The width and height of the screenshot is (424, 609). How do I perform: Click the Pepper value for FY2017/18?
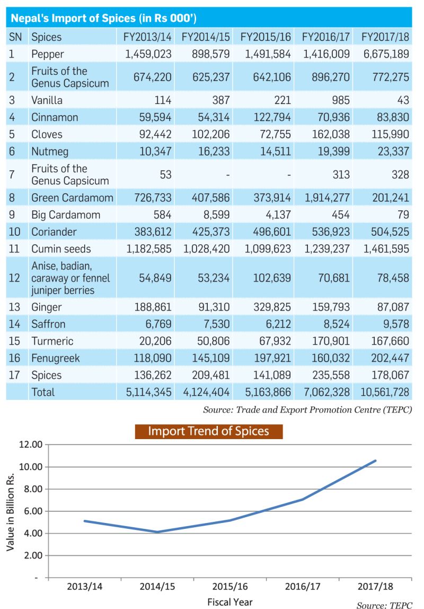point(386,54)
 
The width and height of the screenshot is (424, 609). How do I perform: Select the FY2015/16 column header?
point(266,37)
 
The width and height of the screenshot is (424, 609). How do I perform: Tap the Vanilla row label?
point(47,100)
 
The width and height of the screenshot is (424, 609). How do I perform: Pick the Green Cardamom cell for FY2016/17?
point(326,198)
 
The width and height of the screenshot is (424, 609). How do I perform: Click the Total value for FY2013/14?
point(148,392)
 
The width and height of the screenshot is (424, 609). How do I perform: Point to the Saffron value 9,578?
point(394,324)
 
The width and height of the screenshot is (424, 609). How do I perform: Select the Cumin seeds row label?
point(61,249)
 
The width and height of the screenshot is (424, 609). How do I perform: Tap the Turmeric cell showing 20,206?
point(155,341)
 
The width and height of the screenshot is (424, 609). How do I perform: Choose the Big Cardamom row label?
point(66,215)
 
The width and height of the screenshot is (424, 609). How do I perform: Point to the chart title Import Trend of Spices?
point(208,431)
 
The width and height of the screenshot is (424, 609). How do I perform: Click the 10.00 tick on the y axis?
point(31,467)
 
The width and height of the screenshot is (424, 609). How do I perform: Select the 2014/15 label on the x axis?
point(157,587)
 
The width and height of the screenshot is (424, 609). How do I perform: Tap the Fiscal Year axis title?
point(230,602)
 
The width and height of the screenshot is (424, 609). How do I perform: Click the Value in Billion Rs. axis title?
point(11,511)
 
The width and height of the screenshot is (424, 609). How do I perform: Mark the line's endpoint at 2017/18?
point(375,461)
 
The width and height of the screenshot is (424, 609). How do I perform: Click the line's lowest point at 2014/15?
point(157,532)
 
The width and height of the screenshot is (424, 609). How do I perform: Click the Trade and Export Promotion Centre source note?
point(307,410)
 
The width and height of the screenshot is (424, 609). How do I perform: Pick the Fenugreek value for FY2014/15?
point(211,358)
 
